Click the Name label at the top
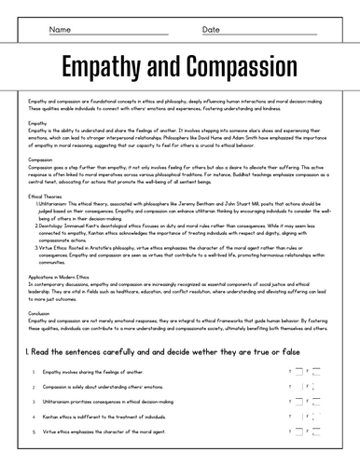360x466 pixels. point(60,30)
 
